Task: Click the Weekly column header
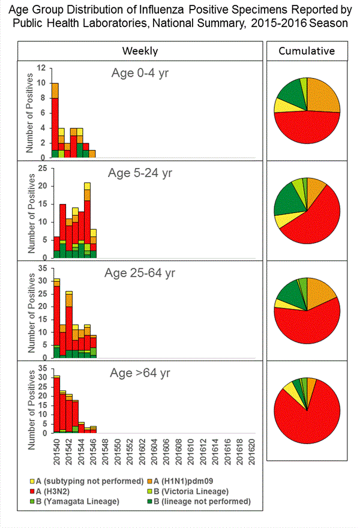pyautogui.click(x=140, y=51)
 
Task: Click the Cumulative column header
pyautogui.click(x=307, y=51)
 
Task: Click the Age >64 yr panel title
pyautogui.click(x=141, y=373)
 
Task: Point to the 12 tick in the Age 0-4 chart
pyautogui.click(x=40, y=68)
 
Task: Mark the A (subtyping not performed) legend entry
pyautogui.click(x=87, y=481)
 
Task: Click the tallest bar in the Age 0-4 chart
pyautogui.click(x=55, y=120)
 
